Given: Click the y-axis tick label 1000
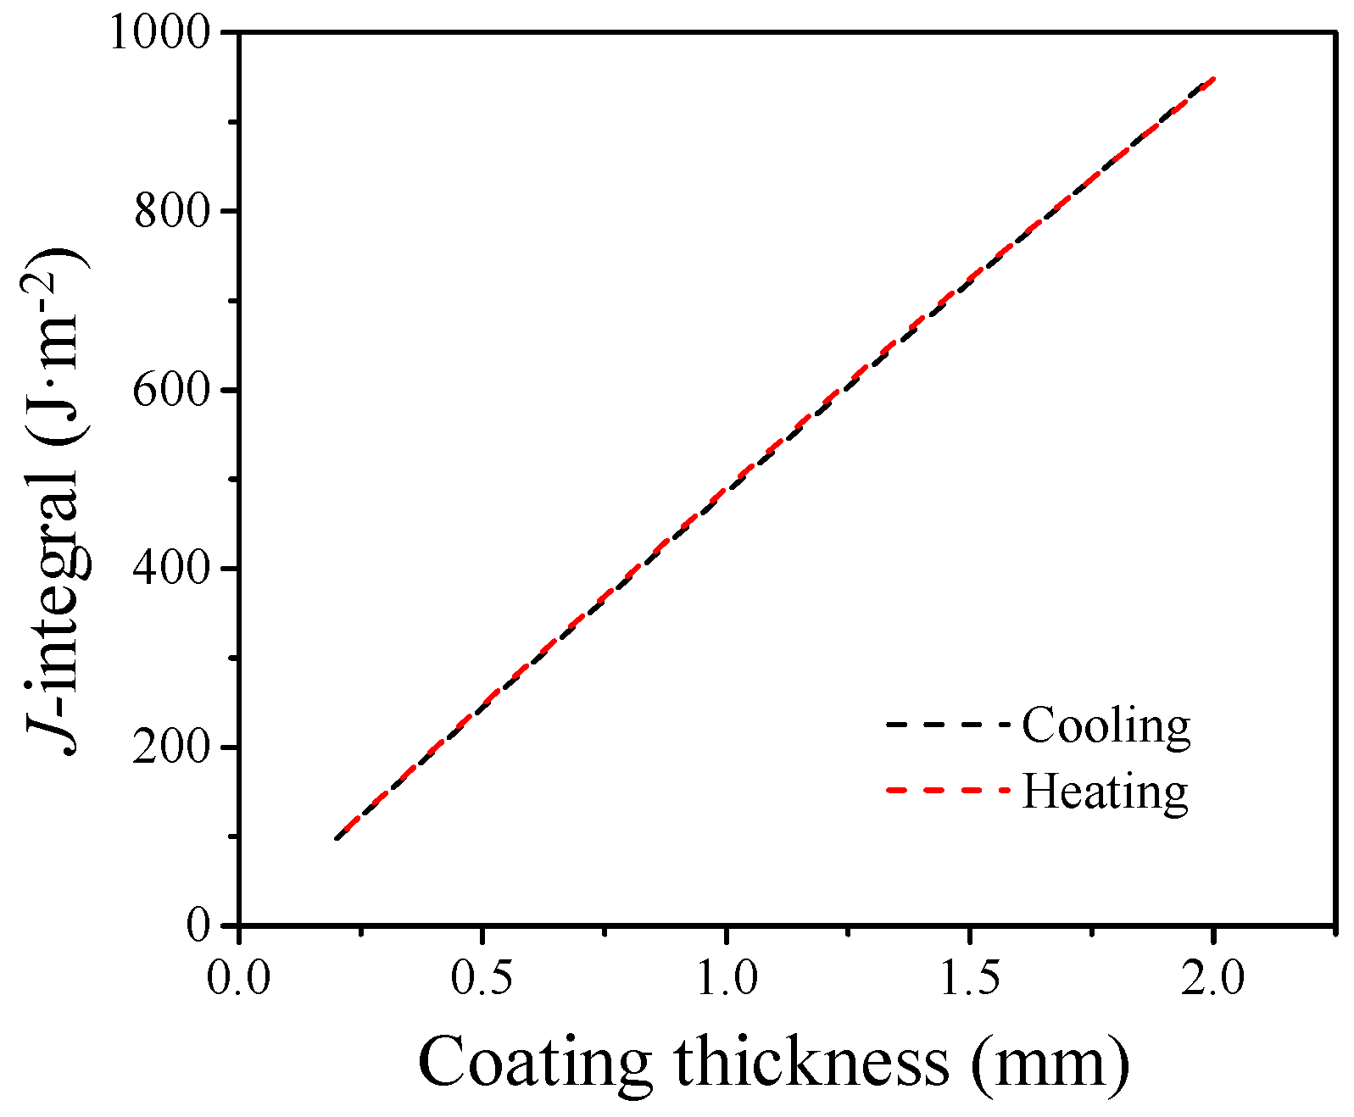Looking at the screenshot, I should [160, 33].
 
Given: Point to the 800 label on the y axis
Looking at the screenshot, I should [172, 211].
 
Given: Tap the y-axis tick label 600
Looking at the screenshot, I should [172, 390].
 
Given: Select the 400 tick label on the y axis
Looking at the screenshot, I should [172, 569].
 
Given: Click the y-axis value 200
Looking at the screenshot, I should [172, 747].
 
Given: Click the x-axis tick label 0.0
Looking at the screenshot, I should [239, 977].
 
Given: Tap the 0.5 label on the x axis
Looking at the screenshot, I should [482, 977].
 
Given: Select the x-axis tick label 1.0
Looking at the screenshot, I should [726, 977].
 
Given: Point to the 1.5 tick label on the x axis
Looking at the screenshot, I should [969, 977].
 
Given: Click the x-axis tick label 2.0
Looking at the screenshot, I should [1213, 977].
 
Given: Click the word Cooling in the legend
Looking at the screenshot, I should [1106, 725].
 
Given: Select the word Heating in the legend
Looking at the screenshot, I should [1104, 791].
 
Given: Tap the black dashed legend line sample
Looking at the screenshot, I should [948, 725].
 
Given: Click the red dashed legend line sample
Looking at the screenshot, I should [948, 790].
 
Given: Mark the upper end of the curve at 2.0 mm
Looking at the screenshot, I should [1213, 79].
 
